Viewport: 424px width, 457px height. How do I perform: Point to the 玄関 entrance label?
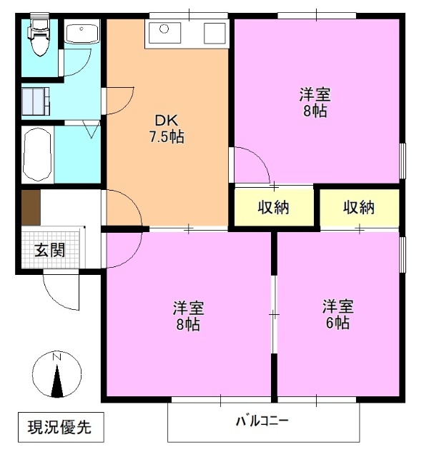tap(50, 250)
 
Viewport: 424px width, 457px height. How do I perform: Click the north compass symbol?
tap(56, 376)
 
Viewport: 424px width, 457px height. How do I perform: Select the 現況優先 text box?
tap(60, 428)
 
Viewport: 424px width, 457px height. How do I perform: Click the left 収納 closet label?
tap(273, 208)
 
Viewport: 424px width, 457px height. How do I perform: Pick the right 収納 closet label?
tap(358, 208)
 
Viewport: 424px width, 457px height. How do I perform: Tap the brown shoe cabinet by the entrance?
tap(31, 208)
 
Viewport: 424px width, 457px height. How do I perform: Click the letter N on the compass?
tap(56, 356)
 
